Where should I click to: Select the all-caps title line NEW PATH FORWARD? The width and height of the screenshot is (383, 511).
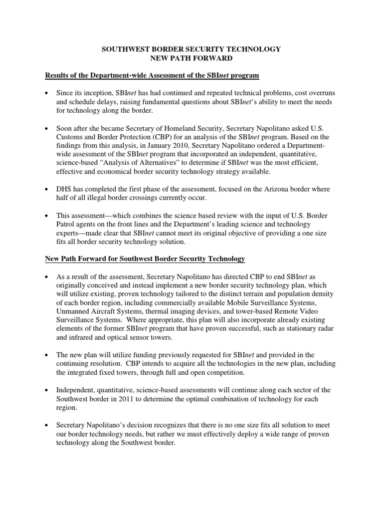click(191, 58)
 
